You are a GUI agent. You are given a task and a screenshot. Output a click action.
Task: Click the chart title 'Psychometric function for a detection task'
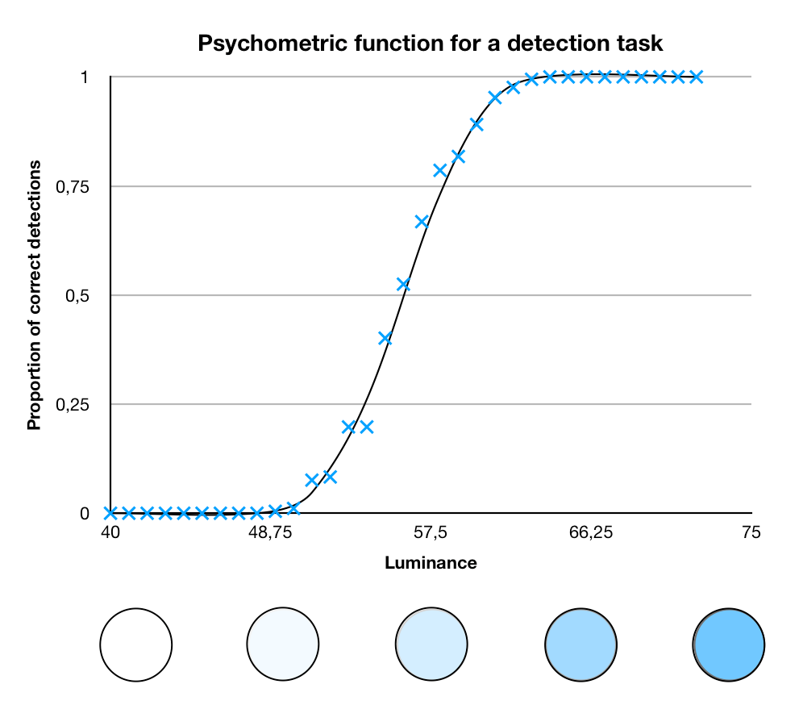pos(431,43)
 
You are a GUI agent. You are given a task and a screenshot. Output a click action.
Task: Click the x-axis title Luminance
pos(431,562)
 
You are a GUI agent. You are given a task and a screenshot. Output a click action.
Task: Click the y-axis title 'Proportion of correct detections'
pos(34,295)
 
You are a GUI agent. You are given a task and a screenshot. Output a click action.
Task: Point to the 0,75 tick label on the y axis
pos(73,187)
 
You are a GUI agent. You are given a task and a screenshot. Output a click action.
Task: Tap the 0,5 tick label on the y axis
pos(77,295)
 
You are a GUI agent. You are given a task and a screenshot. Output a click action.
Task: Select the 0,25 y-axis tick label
pos(73,405)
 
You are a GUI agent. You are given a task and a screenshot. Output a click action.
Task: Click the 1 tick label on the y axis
pos(85,77)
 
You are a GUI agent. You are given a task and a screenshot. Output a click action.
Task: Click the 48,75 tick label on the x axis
pos(270,532)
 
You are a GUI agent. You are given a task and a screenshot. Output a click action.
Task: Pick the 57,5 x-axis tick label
pos(431,532)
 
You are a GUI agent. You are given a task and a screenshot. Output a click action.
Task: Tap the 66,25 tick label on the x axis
pos(590,532)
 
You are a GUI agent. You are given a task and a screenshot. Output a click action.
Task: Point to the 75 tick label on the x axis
pos(751,532)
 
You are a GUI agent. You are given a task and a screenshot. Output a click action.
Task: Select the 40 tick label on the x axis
pos(110,532)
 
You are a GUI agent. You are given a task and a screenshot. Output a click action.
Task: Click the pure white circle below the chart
pos(136,645)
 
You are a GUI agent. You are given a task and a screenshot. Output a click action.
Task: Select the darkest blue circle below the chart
pos(728,645)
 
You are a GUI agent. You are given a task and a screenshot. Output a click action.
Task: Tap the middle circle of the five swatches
pos(431,644)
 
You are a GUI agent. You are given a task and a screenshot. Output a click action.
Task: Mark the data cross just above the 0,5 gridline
pos(404,285)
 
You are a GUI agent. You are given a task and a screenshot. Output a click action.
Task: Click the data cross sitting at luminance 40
pos(110,512)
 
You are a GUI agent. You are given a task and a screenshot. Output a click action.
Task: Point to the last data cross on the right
pos(696,77)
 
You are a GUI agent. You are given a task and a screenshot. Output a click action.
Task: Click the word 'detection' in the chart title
pos(559,43)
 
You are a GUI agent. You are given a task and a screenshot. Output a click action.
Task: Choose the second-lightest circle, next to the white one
pos(283,644)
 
